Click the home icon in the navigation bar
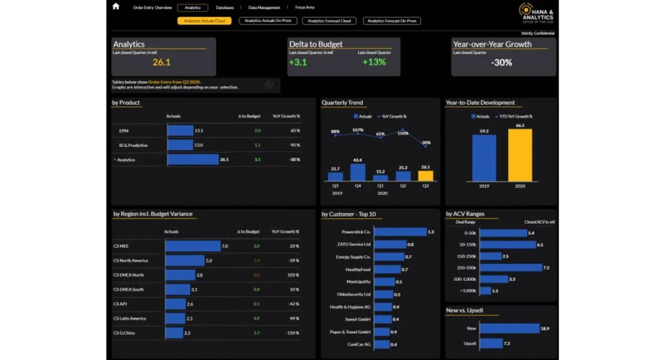[116, 7]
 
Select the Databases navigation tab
[224, 8]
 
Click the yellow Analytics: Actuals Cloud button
[204, 21]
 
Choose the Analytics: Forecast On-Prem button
[392, 21]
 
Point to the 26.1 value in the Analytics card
[161, 63]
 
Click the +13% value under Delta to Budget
[374, 62]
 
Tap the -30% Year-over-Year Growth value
[501, 63]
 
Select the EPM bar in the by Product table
[180, 131]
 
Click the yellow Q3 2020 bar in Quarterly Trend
[425, 176]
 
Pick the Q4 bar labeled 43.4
[358, 172]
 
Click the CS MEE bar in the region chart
[193, 246]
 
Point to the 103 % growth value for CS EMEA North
[293, 275]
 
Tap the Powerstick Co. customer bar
[401, 232]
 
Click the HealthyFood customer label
[358, 270]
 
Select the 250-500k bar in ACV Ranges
[510, 268]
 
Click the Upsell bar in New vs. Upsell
[491, 343]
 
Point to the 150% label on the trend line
[403, 133]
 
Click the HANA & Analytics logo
[535, 13]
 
